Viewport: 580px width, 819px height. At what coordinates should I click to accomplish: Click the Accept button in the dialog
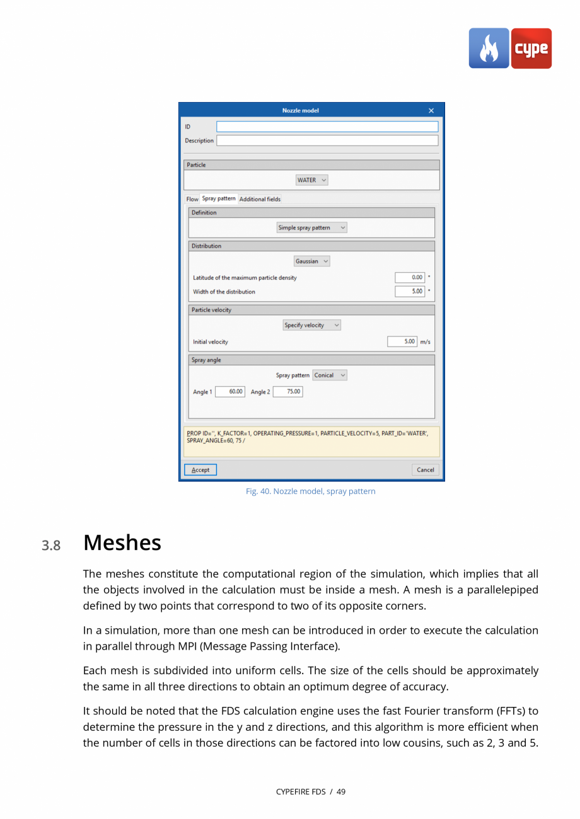click(x=200, y=470)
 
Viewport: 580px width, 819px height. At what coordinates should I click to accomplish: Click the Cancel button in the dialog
click(x=425, y=470)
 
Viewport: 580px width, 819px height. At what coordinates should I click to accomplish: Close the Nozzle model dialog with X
click(x=431, y=111)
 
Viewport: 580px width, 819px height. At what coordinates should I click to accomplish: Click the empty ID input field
click(x=327, y=127)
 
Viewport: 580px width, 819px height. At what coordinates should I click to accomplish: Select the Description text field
click(x=327, y=140)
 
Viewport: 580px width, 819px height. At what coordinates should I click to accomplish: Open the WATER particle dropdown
click(x=312, y=180)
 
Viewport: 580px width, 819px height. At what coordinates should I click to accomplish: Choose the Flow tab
click(x=192, y=199)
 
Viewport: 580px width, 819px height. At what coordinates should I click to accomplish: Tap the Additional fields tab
click(x=260, y=199)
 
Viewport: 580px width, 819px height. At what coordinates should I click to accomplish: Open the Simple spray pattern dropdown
click(x=312, y=228)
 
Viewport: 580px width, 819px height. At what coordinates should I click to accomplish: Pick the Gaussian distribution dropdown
click(x=312, y=261)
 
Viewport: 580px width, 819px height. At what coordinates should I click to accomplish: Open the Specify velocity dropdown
click(x=312, y=326)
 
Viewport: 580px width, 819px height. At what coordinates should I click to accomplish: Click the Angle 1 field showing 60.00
click(x=230, y=392)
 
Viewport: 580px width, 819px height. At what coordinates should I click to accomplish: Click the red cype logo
click(x=531, y=49)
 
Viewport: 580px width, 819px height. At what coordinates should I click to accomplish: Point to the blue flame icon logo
click(x=489, y=49)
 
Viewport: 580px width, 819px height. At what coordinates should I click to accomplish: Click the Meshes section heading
click(x=122, y=543)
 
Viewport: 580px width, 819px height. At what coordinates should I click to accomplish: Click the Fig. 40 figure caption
click(x=310, y=491)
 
